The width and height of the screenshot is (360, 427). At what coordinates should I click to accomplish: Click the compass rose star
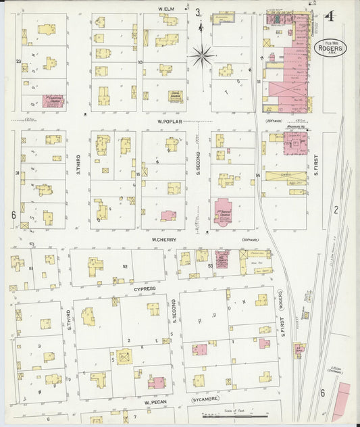(202, 54)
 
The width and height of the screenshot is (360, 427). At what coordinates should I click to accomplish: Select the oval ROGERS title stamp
(330, 49)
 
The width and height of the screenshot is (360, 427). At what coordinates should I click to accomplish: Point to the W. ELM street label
(167, 9)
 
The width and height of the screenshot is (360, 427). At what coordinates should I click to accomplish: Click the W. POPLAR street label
(167, 122)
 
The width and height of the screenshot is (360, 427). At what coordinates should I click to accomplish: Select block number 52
(124, 266)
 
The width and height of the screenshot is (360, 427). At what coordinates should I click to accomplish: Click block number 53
(210, 266)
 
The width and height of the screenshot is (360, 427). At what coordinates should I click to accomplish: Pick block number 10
(140, 62)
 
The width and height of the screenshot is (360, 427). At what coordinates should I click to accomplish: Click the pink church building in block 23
(52, 101)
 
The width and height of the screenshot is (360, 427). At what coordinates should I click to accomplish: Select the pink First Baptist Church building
(223, 211)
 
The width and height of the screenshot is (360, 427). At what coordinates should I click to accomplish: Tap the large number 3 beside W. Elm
(198, 12)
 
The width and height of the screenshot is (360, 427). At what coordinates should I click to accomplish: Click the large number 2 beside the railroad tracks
(335, 210)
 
